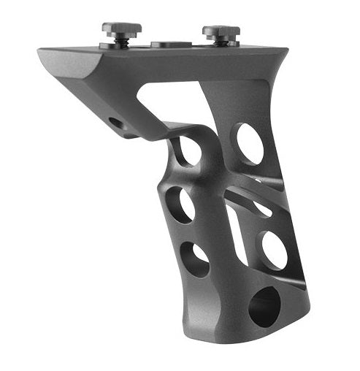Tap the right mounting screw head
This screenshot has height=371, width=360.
click(221, 31)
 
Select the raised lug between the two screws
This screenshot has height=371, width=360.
click(171, 44)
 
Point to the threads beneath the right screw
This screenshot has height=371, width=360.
click(221, 42)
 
